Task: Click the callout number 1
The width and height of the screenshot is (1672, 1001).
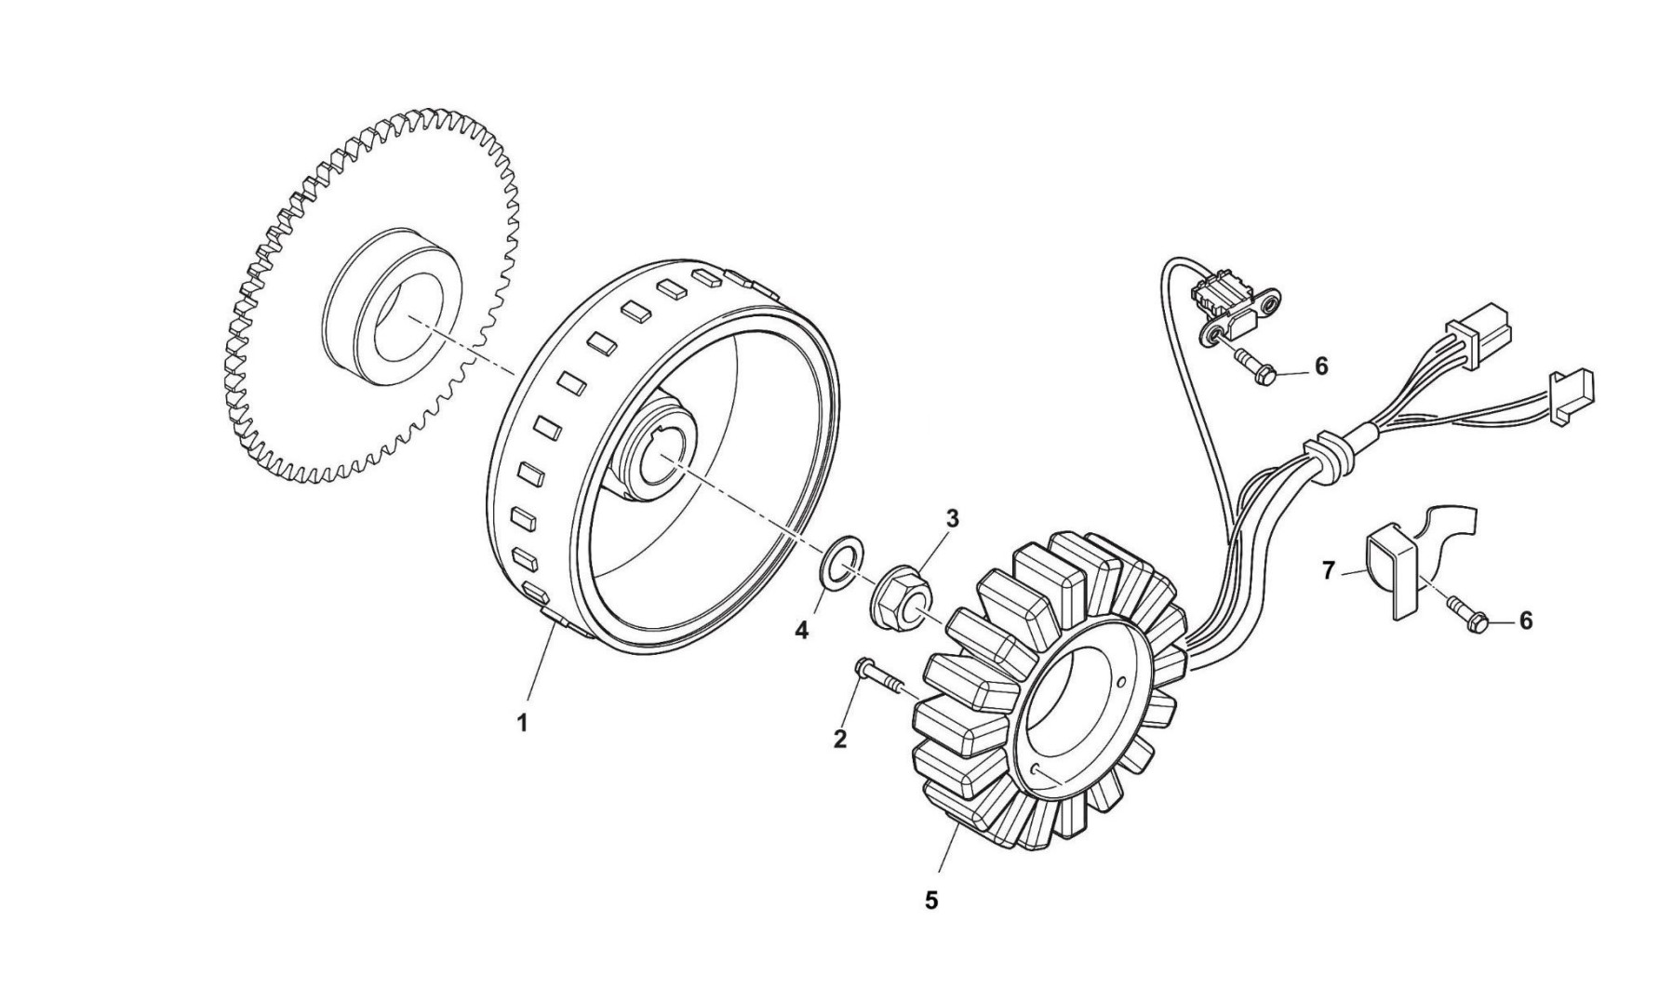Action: click(x=522, y=722)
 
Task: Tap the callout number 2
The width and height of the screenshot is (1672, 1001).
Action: click(x=840, y=740)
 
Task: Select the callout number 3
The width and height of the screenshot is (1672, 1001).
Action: click(x=952, y=519)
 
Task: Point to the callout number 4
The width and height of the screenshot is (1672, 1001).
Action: click(x=801, y=631)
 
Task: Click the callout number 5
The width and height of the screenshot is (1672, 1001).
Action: click(x=931, y=901)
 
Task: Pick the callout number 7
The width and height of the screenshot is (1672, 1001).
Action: click(x=1329, y=570)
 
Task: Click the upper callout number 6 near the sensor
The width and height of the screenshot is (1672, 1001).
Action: click(x=1321, y=367)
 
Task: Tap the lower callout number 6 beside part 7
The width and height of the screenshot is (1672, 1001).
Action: click(x=1525, y=621)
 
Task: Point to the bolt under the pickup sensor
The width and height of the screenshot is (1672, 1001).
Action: click(x=1254, y=366)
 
